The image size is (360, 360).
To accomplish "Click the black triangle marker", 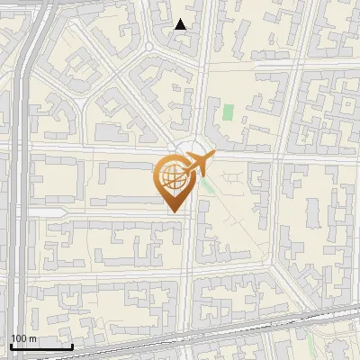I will [x=181, y=25].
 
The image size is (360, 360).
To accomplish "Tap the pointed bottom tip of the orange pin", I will [x=174, y=211].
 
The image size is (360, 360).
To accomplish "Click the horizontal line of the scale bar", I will [x=41, y=346].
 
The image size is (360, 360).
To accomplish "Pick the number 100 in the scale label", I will [x=17, y=338].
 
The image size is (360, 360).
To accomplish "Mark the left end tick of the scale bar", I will [x=11, y=346].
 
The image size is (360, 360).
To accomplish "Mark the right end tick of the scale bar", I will [x=72, y=346].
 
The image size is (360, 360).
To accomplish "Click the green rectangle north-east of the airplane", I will [x=228, y=113].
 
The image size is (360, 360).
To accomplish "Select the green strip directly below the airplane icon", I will [x=208, y=188].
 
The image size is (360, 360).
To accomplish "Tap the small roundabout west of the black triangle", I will [x=148, y=45].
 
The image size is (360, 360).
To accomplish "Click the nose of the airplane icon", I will [x=213, y=155].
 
